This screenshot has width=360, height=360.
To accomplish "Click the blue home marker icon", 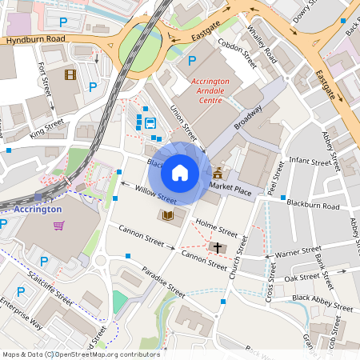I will pyautogui.click(x=180, y=172).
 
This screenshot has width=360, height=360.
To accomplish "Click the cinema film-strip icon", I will pyautogui.click(x=70, y=75).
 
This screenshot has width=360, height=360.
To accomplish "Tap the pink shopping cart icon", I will pyautogui.click(x=58, y=226).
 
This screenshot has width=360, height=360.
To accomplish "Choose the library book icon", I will pyautogui.click(x=168, y=216).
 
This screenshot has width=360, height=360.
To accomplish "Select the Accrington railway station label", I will pyautogui.click(x=38, y=209).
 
